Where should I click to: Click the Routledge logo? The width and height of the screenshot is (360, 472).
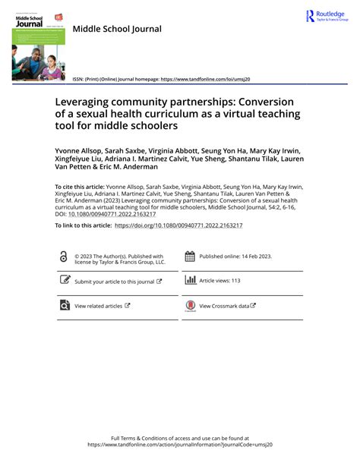[x=326, y=16]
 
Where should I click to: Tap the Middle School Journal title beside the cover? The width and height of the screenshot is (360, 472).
[x=117, y=29]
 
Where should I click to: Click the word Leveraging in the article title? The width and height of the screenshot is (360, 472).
[x=86, y=102]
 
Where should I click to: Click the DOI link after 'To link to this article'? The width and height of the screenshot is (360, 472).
[x=178, y=225]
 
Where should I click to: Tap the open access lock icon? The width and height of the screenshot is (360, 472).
[x=63, y=258]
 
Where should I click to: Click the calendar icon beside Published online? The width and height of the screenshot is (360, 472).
[x=190, y=257]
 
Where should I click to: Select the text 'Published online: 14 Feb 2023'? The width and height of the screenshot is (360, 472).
[x=232, y=256]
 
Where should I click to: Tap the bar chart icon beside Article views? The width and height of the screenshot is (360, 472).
[x=190, y=280]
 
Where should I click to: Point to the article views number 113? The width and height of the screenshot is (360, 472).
[x=235, y=281]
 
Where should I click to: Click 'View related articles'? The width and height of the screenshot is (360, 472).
[x=98, y=306]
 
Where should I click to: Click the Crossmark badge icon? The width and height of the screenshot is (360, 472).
[x=190, y=306]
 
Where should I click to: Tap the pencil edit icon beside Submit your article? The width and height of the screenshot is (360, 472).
[x=65, y=280]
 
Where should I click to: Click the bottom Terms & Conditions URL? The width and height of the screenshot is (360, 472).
[x=179, y=445]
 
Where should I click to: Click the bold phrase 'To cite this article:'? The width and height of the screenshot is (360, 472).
[x=81, y=186]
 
